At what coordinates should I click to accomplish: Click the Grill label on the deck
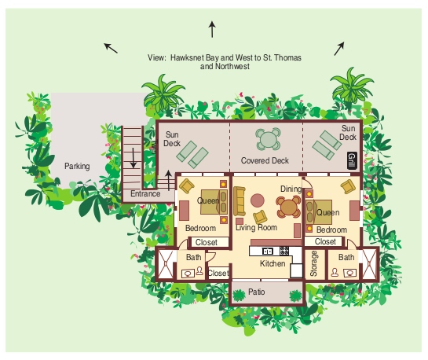(x=352, y=160)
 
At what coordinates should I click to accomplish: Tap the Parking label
(x=77, y=166)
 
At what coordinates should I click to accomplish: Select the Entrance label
(x=145, y=193)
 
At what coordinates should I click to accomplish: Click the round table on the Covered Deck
(x=269, y=139)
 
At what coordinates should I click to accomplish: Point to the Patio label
(x=256, y=292)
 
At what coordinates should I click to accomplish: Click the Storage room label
(x=313, y=264)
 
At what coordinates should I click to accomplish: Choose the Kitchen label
(x=273, y=263)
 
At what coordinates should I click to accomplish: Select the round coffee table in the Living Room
(x=258, y=200)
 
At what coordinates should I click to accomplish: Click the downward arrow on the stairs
(x=134, y=158)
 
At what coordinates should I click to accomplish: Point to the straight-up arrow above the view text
(x=212, y=30)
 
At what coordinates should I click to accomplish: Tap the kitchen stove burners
(x=284, y=251)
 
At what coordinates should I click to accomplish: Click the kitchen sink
(x=267, y=251)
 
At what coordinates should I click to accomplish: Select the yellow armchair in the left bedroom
(x=187, y=186)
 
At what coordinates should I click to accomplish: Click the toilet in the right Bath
(x=335, y=272)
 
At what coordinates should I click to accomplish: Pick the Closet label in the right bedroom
(x=325, y=241)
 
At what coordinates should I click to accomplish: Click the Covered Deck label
(x=265, y=160)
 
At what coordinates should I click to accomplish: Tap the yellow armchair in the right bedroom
(x=348, y=187)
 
